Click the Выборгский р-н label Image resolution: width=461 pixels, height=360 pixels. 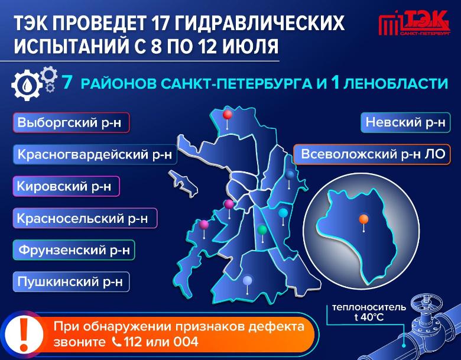pos(71,122)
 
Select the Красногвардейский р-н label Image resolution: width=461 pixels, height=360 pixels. pos(95,154)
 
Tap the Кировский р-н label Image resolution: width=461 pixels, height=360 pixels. pos(66,186)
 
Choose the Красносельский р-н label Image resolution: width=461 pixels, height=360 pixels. pos(85,218)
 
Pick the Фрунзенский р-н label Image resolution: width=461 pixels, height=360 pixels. pos(74,250)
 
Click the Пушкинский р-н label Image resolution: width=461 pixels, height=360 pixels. pos(71,282)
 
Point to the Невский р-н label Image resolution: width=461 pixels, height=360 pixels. pos(405,122)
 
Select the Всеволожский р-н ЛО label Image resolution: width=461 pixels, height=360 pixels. pos(372,154)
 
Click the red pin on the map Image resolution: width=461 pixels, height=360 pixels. pos(228,115)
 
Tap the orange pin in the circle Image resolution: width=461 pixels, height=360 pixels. pos(363,219)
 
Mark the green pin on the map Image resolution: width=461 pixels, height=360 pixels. pos(262,229)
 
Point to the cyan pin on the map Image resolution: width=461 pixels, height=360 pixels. pos(283,213)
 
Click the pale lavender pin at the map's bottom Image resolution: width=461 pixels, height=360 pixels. pos(248,281)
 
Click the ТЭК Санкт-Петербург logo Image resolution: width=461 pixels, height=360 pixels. pos(414,23)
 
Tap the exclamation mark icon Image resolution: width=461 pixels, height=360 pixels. pos(24,335)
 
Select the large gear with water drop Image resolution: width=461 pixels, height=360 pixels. pos(27,85)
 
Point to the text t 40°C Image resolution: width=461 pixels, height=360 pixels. pos(369,317)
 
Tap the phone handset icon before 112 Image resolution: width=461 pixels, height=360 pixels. pos(116,342)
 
